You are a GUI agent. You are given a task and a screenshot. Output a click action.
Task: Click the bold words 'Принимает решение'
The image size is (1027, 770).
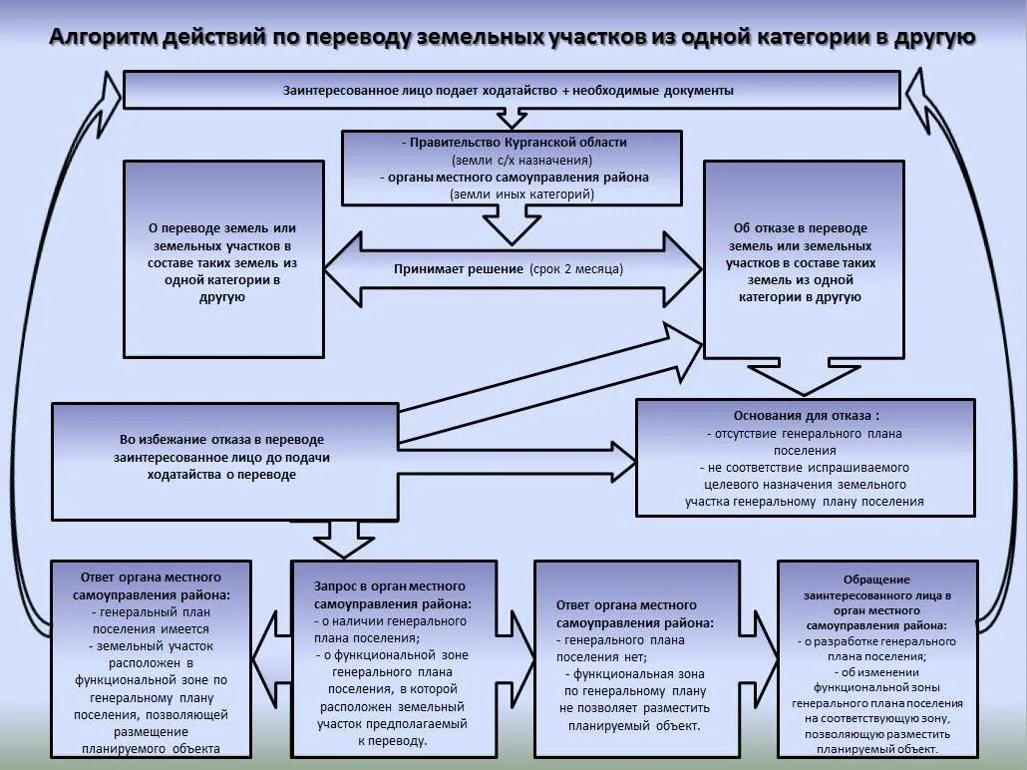coord(459,269)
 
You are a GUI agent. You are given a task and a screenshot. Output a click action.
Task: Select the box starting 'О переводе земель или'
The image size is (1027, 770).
coord(223,259)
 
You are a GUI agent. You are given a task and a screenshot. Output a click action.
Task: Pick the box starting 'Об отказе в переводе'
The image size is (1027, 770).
coord(803,259)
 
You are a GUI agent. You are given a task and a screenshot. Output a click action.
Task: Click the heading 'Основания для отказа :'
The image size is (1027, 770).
coord(807,415)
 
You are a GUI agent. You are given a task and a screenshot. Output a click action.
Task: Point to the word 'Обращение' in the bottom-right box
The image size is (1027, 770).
coord(876,579)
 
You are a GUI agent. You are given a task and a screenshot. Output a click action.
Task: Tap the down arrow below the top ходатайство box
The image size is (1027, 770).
coord(512,119)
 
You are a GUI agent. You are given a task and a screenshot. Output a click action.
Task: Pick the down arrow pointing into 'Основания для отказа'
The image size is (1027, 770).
coord(803,379)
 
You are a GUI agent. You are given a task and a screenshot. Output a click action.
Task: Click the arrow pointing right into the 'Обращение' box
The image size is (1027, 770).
coord(766,659)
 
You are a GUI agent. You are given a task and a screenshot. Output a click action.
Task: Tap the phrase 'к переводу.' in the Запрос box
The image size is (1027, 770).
coord(391,741)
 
